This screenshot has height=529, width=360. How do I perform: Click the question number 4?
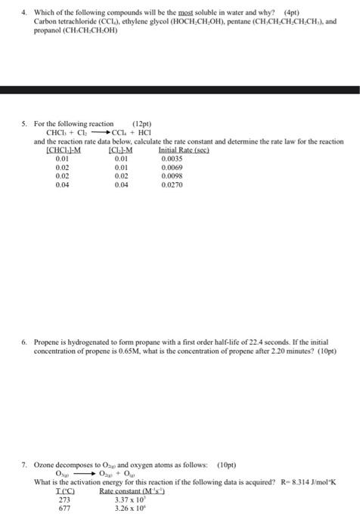24,12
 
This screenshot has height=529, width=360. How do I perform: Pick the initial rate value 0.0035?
171,159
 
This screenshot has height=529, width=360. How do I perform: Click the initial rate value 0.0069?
171,167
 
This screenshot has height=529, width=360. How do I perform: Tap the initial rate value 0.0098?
171,175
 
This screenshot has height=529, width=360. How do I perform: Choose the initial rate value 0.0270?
171,184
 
